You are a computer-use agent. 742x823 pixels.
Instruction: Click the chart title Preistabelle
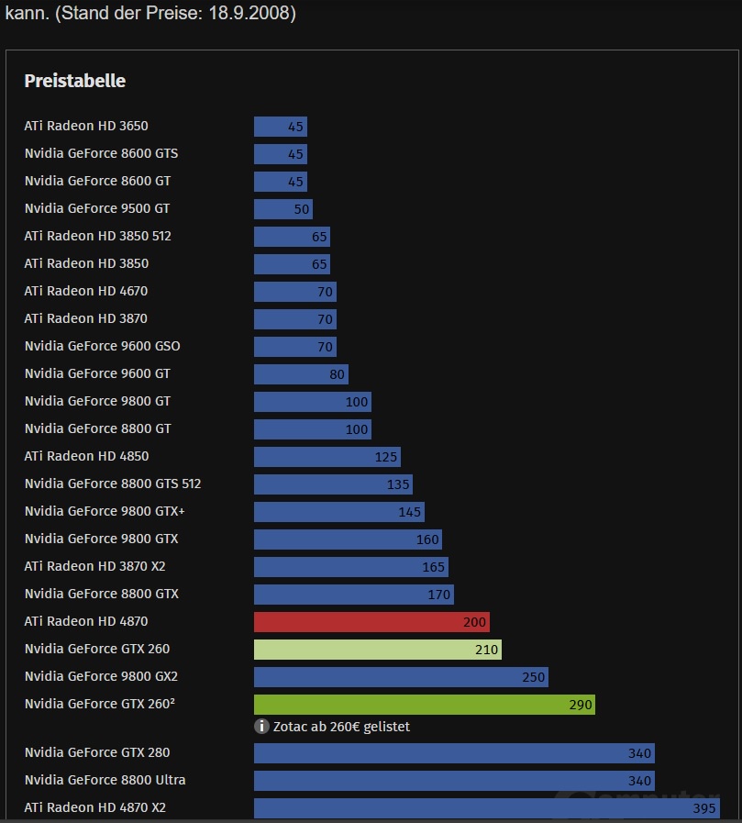[74, 81]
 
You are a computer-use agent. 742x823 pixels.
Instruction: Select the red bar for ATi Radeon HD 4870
[371, 622]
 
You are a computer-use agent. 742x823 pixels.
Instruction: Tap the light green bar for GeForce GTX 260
[377, 650]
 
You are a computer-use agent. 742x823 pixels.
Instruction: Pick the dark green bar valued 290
[424, 705]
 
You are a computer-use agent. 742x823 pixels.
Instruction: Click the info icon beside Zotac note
[261, 727]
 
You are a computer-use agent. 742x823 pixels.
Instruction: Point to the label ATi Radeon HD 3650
[86, 126]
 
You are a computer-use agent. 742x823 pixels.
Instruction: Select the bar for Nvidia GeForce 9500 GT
[282, 208]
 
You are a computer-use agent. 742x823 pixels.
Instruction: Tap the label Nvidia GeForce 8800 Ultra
[105, 780]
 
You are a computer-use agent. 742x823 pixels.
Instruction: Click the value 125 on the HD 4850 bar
[385, 457]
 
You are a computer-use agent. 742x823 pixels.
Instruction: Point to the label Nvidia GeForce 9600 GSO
[102, 346]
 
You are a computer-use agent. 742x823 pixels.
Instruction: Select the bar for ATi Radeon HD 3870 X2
[350, 567]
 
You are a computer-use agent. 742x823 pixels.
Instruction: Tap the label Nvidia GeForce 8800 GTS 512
[113, 484]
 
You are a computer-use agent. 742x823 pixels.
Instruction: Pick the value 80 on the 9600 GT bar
[337, 374]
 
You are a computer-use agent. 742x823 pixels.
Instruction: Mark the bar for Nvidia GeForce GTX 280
[454, 753]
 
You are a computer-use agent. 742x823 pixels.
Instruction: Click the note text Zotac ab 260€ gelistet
[341, 727]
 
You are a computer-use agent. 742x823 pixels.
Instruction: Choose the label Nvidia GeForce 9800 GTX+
[105, 511]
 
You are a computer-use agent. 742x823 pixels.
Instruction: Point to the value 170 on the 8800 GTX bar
[438, 595]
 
